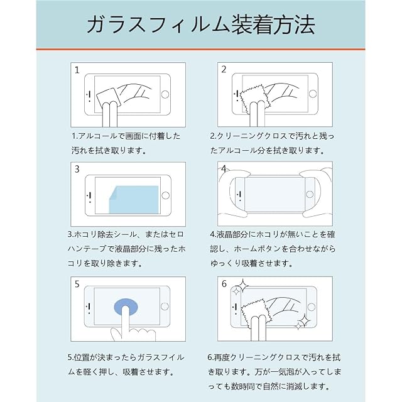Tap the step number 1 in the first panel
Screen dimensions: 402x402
(77, 70)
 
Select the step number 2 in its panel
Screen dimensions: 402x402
(224, 70)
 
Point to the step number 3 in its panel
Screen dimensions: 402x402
(77, 169)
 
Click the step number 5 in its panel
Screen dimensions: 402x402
(77, 284)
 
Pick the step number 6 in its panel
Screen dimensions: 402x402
(224, 284)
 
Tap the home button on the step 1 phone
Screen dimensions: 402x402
(165, 95)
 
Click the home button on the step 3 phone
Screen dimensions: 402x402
(166, 195)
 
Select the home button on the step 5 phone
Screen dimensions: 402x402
(165, 306)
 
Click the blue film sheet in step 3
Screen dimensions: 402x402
(134, 200)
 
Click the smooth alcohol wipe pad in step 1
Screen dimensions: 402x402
(107, 97)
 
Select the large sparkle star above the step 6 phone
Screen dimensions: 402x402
(242, 285)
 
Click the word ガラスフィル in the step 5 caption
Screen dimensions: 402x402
(161, 357)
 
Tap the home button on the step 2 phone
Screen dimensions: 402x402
(313, 94)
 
